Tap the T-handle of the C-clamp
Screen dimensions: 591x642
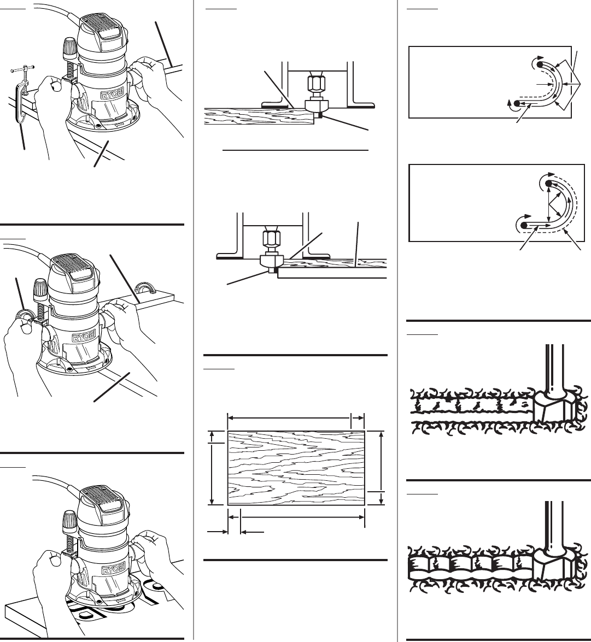(x=22, y=68)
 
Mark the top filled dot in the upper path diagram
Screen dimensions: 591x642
(x=540, y=64)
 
